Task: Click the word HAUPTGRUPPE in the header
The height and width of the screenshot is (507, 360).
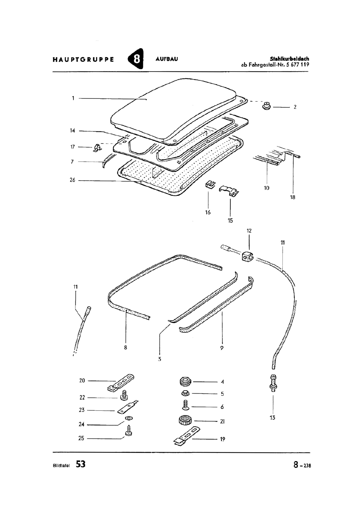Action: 83,60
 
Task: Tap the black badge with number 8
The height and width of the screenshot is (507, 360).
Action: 136,59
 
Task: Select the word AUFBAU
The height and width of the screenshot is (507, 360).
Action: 167,59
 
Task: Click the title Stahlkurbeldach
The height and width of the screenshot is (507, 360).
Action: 289,59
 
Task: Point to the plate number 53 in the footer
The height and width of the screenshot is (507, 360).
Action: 80,464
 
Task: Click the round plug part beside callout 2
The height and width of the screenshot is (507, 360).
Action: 267,106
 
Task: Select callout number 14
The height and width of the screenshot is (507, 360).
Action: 73,131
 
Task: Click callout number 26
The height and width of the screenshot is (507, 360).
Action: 73,180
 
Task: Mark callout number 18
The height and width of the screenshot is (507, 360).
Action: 292,197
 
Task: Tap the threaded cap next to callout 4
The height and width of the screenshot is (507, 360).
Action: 186,382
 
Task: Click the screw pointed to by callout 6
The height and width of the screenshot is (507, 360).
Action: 185,405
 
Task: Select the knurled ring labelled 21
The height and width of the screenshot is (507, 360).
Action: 185,421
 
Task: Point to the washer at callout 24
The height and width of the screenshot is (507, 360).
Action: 129,418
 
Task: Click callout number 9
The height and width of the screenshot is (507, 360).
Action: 222,348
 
